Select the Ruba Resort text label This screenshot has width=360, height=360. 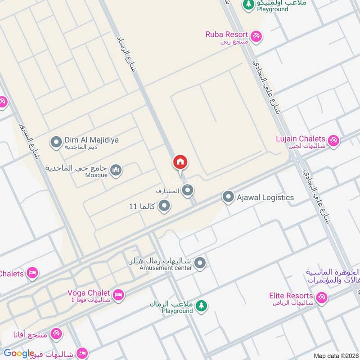[x=226, y=34]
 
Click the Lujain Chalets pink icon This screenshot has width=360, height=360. [x=333, y=141]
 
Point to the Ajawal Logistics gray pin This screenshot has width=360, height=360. [x=228, y=197]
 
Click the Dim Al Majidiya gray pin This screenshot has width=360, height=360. [x=56, y=143]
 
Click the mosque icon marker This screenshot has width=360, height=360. [x=116, y=171]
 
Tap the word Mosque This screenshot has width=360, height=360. [x=96, y=175]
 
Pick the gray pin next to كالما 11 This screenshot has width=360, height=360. [x=165, y=206]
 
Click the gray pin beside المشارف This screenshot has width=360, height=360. [x=188, y=191]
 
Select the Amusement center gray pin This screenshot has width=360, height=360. [x=200, y=263]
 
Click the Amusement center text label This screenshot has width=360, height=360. [x=166, y=268]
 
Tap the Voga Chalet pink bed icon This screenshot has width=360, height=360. [x=118, y=295]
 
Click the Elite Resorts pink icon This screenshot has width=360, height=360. [x=321, y=297]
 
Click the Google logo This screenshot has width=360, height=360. [x=19, y=354]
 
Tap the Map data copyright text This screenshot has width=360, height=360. [x=336, y=356]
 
